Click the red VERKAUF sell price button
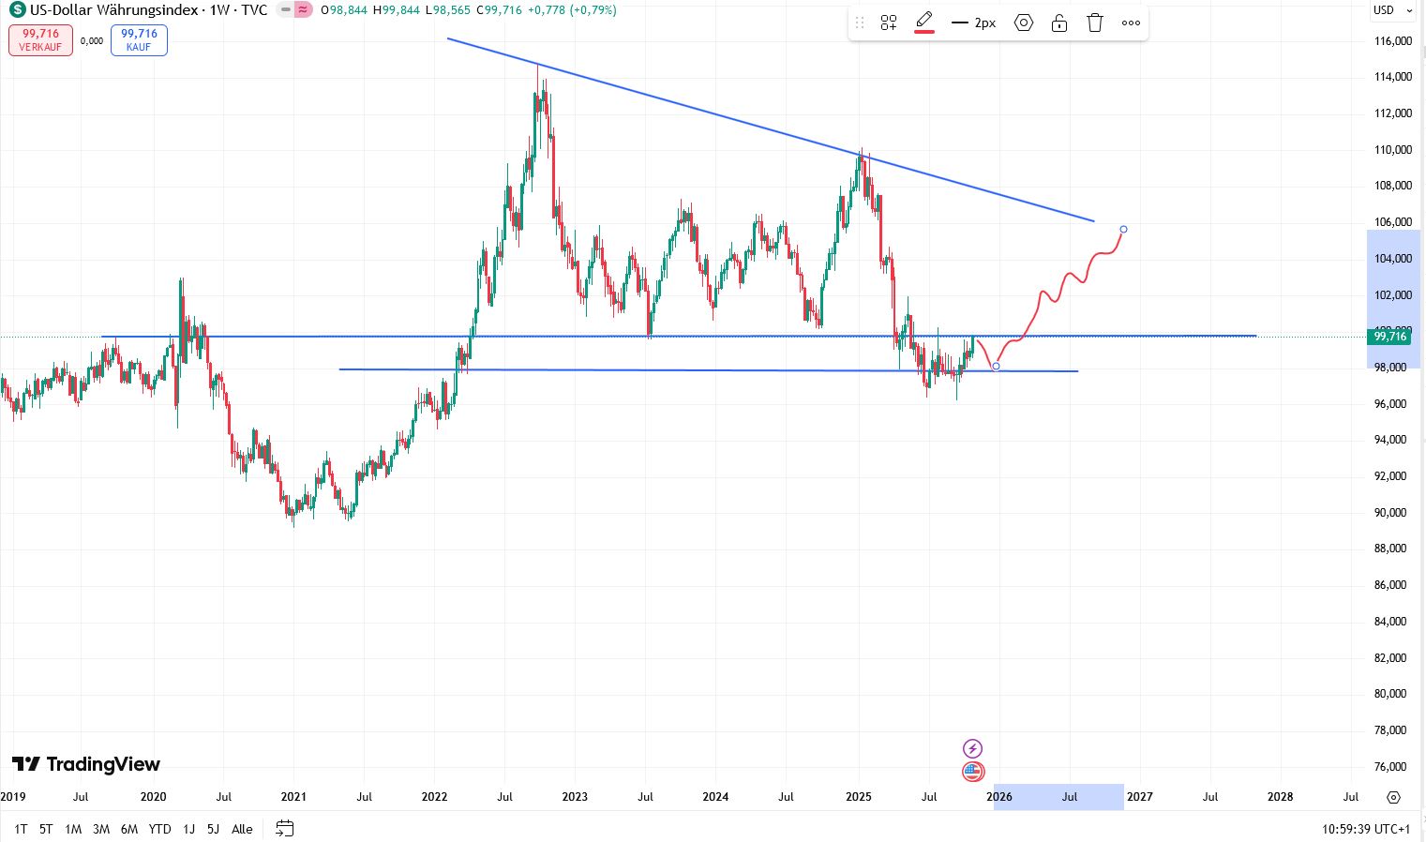(40, 40)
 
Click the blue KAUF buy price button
(139, 40)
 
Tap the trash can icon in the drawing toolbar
(1095, 23)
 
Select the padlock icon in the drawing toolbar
(1059, 23)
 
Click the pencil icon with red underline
(924, 22)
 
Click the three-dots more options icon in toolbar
(1131, 23)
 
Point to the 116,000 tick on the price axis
(1392, 41)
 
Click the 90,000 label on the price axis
(1390, 513)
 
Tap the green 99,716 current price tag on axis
(1389, 337)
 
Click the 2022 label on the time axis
(434, 797)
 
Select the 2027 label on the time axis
(1139, 797)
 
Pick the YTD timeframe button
(160, 829)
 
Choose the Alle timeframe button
(242, 829)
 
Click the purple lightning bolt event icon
(973, 748)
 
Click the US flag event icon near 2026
(973, 772)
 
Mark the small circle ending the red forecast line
(1123, 230)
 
